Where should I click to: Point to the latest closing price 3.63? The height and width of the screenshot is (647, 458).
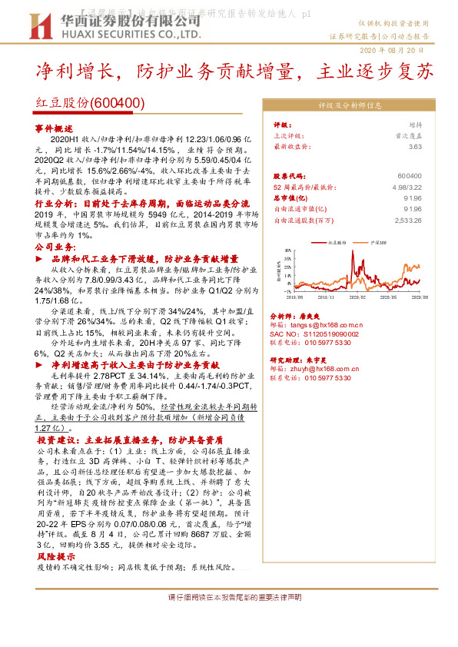click(x=416, y=146)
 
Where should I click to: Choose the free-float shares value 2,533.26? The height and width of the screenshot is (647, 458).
click(x=405, y=221)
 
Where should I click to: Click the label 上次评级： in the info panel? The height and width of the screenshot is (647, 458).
click(x=290, y=135)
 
